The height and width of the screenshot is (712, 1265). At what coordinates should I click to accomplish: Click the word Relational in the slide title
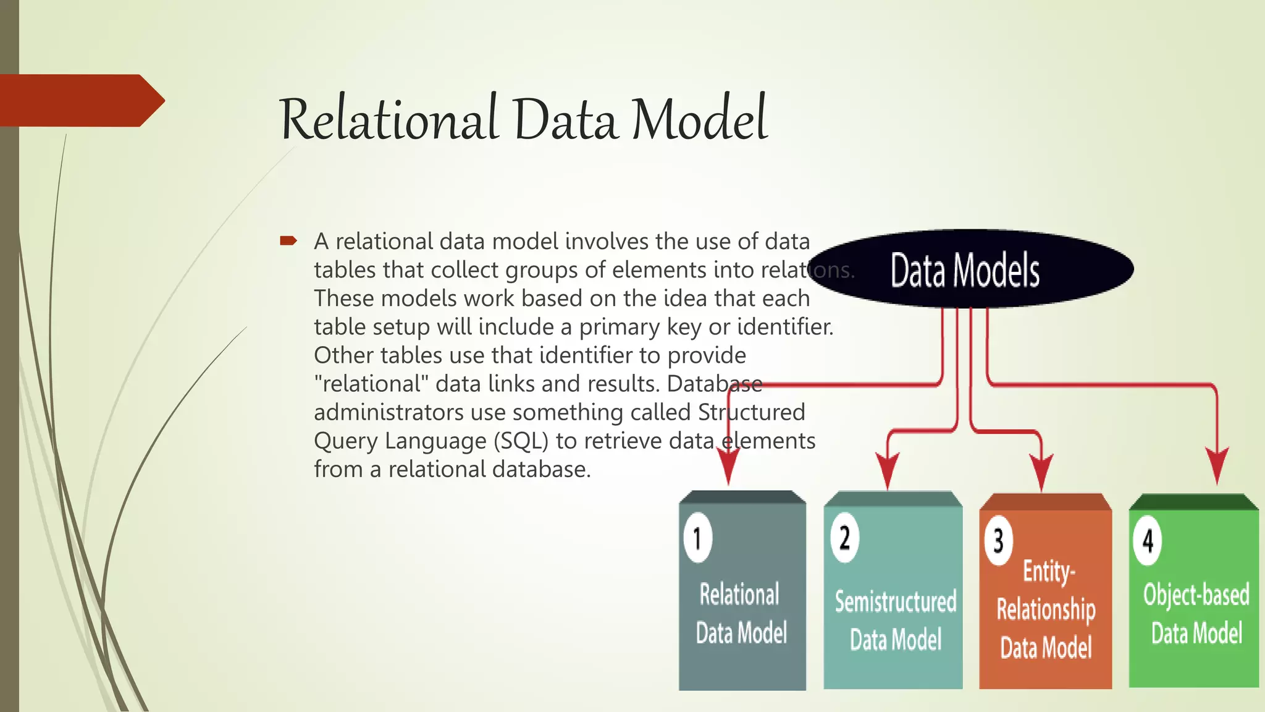tap(388, 119)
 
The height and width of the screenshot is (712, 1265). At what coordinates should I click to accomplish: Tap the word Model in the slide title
tap(699, 119)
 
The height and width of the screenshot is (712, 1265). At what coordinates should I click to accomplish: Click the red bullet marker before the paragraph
tap(288, 240)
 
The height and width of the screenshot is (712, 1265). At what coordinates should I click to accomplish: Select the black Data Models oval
tap(970, 269)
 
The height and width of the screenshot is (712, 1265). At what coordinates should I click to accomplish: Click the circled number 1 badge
tap(697, 538)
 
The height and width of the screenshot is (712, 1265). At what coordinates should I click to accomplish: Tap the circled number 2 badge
tap(844, 537)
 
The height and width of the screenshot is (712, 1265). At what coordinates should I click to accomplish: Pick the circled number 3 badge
tap(998, 541)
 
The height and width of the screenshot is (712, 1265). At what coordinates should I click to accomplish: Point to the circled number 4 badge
tap(1147, 541)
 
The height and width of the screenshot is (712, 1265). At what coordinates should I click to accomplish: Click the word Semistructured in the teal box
tap(895, 601)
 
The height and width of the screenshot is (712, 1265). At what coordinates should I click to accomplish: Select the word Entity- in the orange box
tap(1048, 571)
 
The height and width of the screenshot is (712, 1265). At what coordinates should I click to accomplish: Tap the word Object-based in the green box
tap(1196, 595)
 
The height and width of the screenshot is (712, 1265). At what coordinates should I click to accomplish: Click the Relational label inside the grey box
tap(739, 595)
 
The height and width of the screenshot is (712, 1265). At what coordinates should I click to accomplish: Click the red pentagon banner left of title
tap(80, 101)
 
